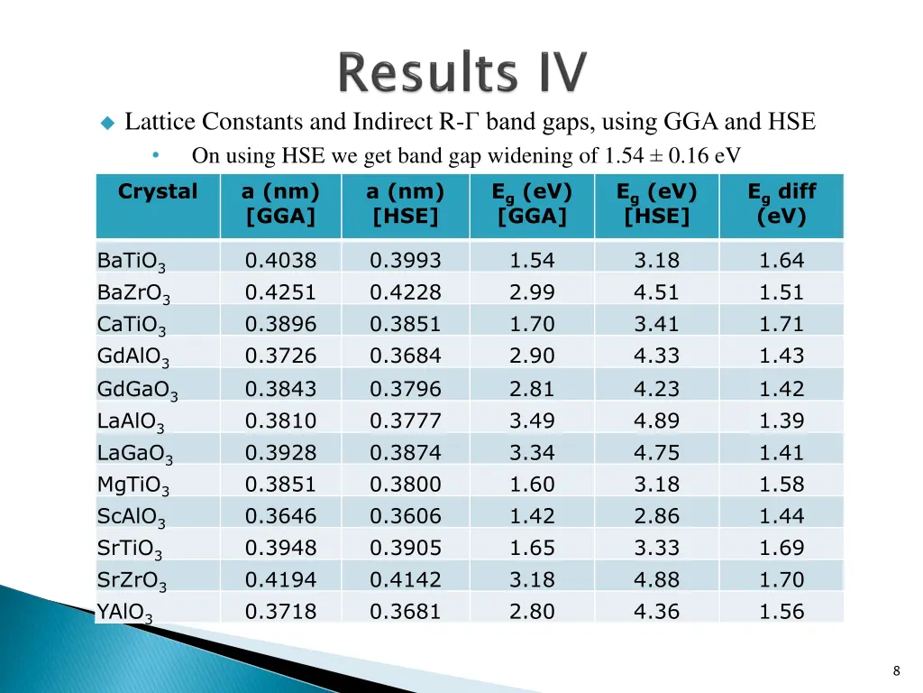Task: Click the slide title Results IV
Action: [463, 74]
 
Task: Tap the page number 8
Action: [896, 670]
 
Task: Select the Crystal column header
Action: [158, 192]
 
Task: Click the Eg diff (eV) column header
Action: [781, 205]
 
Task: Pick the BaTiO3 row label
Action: [132, 263]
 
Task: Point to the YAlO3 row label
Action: [125, 614]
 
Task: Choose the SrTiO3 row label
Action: [131, 550]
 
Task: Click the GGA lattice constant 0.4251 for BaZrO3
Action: [280, 292]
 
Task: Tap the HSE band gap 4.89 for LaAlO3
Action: [656, 420]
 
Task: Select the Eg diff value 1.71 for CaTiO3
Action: [781, 324]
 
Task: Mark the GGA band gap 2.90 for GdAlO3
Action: [532, 356]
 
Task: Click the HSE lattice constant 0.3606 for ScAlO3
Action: [406, 516]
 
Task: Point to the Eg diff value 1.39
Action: [781, 420]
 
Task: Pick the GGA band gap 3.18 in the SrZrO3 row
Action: [532, 579]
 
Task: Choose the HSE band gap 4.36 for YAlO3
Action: [656, 611]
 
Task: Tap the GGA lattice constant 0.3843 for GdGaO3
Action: [280, 389]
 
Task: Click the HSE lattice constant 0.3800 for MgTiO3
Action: [406, 485]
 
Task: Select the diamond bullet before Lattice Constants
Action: [107, 123]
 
